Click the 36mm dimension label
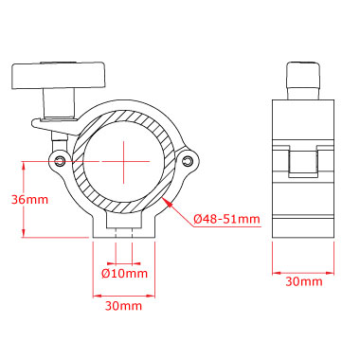click(x=29, y=200)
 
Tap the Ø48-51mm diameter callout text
click(x=226, y=219)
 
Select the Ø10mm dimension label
click(x=124, y=274)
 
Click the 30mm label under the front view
click(x=123, y=306)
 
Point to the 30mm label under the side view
click(x=304, y=281)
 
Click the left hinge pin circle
click(x=60, y=161)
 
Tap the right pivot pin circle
click(x=188, y=160)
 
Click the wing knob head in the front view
click(x=59, y=75)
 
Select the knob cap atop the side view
click(x=303, y=81)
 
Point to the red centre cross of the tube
click(x=123, y=161)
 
